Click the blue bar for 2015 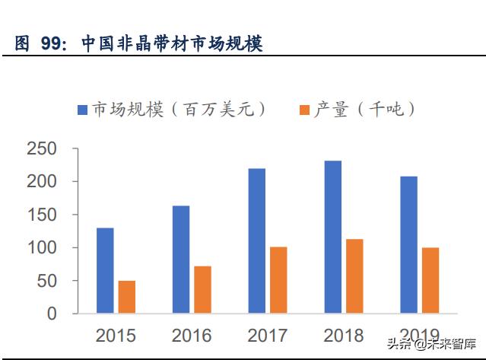click(105, 270)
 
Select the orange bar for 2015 click(127, 297)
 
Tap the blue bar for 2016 click(181, 259)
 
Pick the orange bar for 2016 click(202, 289)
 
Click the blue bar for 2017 click(256, 241)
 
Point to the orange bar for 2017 click(278, 279)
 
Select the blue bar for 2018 click(332, 237)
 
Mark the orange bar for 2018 click(354, 276)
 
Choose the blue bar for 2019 click(408, 244)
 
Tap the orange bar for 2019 click(430, 280)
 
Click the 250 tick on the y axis click(41, 149)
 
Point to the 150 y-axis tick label click(41, 215)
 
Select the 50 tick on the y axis click(46, 281)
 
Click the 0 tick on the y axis click(52, 314)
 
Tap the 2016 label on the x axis click(192, 336)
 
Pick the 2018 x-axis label click(344, 336)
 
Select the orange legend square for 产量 click(304, 110)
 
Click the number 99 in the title click(51, 44)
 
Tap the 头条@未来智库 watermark click(434, 343)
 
